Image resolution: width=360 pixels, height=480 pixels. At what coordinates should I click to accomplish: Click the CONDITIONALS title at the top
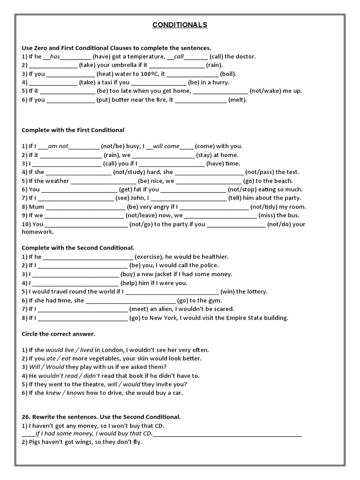click(180, 25)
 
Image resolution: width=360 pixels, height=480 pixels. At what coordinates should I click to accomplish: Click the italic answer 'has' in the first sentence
click(55, 56)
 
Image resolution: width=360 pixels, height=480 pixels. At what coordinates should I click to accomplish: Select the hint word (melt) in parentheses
click(238, 99)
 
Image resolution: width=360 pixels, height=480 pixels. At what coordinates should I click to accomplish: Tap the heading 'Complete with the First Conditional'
click(73, 130)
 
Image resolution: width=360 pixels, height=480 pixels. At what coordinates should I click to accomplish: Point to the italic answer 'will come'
click(165, 146)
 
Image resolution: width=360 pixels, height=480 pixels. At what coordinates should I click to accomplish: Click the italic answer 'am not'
click(58, 146)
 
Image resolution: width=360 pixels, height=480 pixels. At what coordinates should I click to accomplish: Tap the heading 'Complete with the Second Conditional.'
click(78, 247)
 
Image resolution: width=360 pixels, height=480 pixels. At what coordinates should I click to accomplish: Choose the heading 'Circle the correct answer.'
click(59, 334)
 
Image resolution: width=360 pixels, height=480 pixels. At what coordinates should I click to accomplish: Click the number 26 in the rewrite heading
click(26, 417)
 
